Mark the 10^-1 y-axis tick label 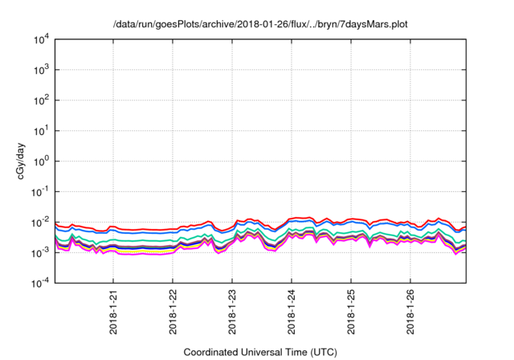pos(40,191)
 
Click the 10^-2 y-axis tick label pos(40,222)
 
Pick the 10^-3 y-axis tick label pos(40,252)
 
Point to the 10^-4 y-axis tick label pos(40,283)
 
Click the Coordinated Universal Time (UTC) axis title pos(260,352)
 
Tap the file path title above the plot pos(260,24)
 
